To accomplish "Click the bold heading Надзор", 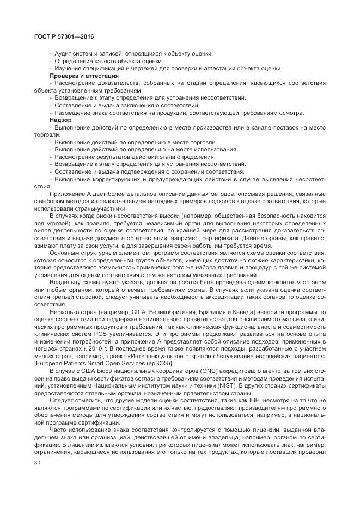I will pos(60,119).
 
